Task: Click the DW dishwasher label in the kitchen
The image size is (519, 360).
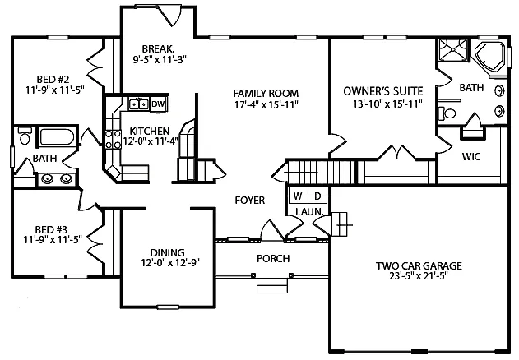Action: [159, 104]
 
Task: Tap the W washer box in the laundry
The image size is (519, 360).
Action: [298, 196]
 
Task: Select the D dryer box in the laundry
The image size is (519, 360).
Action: [316, 196]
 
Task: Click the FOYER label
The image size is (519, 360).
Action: [249, 200]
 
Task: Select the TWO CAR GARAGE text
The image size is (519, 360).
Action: [418, 265]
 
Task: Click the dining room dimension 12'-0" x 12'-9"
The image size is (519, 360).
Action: [167, 264]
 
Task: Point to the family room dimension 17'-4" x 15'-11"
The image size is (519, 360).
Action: [265, 104]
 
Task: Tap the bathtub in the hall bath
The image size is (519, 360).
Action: [56, 137]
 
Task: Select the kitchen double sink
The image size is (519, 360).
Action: [137, 104]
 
